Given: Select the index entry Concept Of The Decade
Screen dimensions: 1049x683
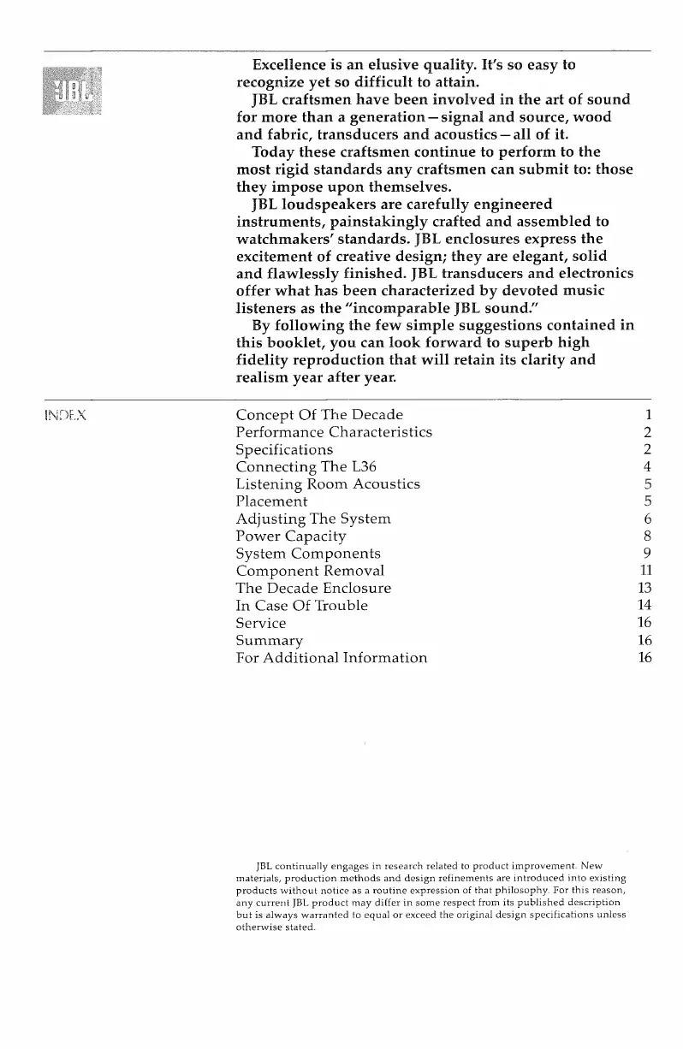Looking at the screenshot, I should tap(318, 415).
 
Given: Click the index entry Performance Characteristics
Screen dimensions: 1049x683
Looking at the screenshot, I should tap(333, 432).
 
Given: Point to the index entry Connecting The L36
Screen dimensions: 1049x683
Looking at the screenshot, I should tap(307, 466).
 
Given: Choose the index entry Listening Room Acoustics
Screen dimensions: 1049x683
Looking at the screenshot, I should tap(327, 484).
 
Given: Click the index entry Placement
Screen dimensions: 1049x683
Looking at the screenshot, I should tap(271, 501).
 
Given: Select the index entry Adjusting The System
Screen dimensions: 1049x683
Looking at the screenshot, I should tap(312, 519).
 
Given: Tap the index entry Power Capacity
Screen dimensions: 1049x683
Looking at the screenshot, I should tap(291, 536).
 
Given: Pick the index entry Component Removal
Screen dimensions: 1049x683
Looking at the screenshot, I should tap(309, 571).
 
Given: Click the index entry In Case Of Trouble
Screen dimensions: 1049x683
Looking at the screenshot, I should tap(301, 606).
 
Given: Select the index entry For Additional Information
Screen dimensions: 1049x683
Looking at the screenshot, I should tap(330, 658).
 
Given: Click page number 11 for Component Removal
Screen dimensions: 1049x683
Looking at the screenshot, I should tap(646, 571).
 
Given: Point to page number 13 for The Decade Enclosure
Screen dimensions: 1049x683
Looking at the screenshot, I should tap(646, 589).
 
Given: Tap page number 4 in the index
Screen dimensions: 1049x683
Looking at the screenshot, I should tap(648, 466).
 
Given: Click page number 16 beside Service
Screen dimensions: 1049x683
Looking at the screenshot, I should tap(646, 623).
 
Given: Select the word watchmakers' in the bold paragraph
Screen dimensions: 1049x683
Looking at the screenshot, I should tap(288, 239).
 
